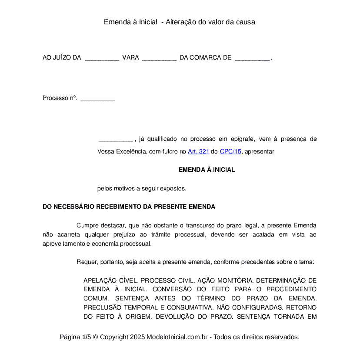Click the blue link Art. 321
point(198,152)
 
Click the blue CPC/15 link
point(230,152)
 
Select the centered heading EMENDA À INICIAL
point(207,170)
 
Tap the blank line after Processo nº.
point(97,99)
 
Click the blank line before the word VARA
point(102,58)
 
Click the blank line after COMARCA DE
point(252,58)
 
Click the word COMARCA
point(205,58)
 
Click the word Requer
point(86,262)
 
